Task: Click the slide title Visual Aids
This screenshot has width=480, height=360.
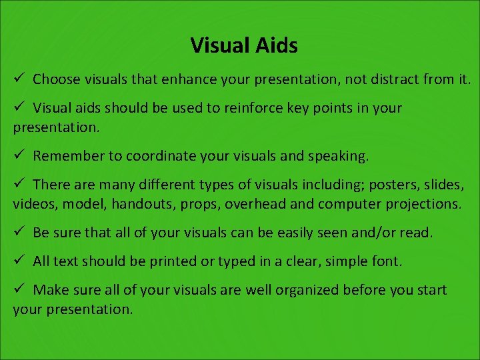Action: click(243, 45)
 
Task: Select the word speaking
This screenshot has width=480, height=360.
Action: click(337, 156)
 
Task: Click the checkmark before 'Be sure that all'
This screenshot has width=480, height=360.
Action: click(19, 232)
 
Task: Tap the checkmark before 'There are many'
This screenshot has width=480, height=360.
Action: click(19, 183)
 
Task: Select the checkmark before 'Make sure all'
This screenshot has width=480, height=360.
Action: click(19, 289)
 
